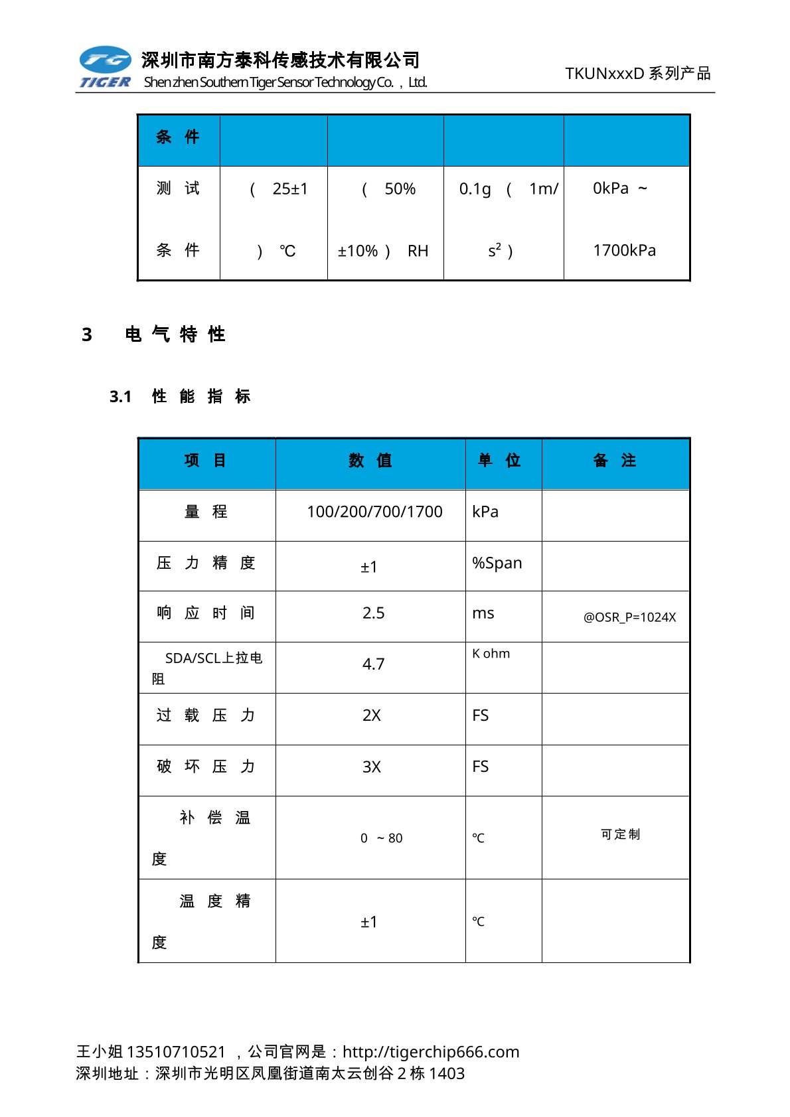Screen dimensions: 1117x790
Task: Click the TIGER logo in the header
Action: pos(105,67)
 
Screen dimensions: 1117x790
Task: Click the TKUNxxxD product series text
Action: pos(637,73)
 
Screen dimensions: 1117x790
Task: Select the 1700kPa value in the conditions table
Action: pos(624,250)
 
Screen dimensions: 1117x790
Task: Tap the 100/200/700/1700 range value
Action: pos(374,512)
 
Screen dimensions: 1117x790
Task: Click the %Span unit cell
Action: pos(497,563)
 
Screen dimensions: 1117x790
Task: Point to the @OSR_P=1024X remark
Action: pos(629,617)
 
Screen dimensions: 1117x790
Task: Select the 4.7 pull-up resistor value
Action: pos(373,664)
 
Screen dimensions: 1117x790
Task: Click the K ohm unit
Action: pos(491,654)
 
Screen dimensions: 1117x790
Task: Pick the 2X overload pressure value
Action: pos(372,715)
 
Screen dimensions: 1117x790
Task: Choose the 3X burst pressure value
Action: pos(372,767)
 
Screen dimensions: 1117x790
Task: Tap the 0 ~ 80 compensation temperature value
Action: pos(381,838)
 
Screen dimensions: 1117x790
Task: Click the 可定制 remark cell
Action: pos(620,834)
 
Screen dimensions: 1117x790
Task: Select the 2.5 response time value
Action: pos(373,613)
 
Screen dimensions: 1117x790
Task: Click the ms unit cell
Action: pos(483,613)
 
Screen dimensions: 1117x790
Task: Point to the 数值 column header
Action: pos(370,461)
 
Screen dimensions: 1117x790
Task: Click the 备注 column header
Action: pos(614,461)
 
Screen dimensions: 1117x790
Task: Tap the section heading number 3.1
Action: pos(120,397)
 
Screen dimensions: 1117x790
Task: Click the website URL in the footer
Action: pos(431,1052)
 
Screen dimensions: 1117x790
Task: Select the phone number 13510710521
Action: pos(176,1052)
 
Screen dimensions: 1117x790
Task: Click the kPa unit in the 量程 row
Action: pos(485,512)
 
